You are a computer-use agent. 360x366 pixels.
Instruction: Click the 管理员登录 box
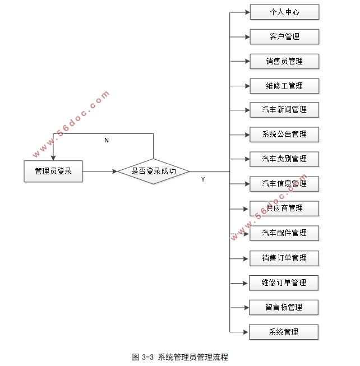click(53, 171)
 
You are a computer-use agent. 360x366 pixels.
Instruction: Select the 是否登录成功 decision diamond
click(153, 171)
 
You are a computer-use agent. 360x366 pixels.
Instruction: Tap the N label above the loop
click(107, 140)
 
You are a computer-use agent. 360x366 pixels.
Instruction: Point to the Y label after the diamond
click(203, 179)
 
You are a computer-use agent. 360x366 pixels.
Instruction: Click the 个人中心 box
click(284, 12)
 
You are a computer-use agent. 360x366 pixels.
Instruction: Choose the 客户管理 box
click(284, 36)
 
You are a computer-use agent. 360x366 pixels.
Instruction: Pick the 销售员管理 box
click(284, 61)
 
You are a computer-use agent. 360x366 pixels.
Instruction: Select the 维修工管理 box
click(284, 86)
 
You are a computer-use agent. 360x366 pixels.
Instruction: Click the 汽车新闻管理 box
click(284, 110)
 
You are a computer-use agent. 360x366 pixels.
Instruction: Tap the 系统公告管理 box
click(284, 135)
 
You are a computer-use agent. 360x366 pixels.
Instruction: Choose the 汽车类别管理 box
click(284, 159)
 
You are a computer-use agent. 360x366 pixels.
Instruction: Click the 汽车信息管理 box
click(284, 184)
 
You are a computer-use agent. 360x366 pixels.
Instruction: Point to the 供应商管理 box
click(284, 209)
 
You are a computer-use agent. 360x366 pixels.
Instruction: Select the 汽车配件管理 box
click(284, 233)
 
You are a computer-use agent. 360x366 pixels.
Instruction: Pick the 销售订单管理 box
click(284, 258)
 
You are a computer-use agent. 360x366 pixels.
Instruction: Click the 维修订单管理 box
click(284, 282)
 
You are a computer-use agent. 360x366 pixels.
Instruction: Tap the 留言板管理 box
click(284, 307)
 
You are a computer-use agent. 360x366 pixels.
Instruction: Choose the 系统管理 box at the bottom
click(284, 332)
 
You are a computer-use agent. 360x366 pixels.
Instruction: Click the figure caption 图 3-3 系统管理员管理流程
click(180, 357)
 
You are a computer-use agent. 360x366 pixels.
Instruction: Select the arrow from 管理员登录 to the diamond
click(99, 171)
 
